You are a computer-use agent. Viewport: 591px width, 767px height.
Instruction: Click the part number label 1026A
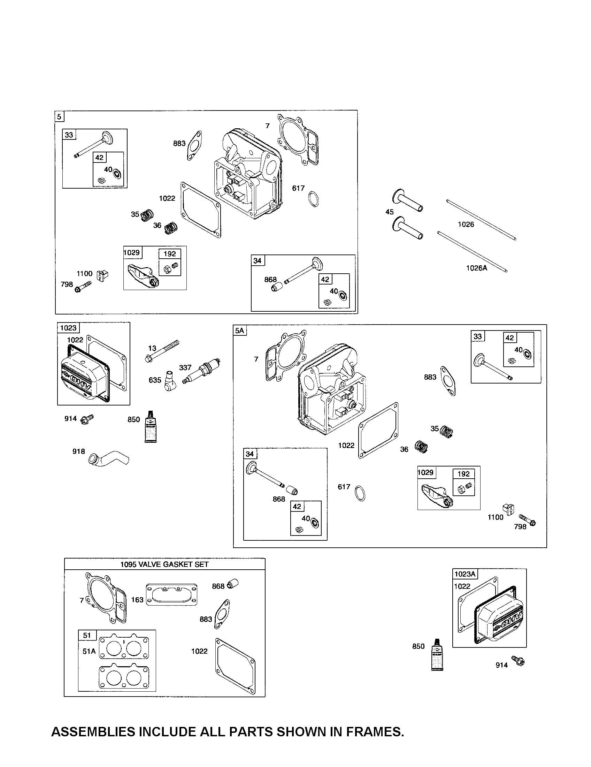[477, 268]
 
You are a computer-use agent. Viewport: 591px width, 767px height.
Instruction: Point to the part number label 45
[390, 212]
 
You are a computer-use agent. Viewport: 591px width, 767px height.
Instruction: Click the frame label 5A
[240, 331]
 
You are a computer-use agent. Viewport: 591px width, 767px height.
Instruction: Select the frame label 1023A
[465, 574]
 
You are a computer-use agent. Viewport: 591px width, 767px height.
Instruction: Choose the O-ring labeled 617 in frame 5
[314, 199]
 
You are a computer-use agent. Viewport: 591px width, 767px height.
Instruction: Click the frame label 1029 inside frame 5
[132, 252]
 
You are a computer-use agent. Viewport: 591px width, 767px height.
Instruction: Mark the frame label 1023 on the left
[68, 328]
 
